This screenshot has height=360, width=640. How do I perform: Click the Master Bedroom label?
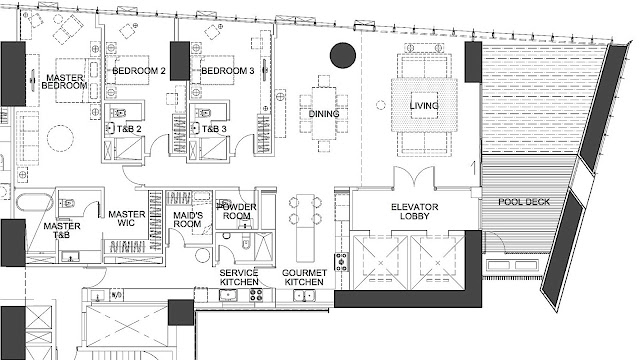[x=64, y=82]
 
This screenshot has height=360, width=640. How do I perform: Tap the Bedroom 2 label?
[x=139, y=71]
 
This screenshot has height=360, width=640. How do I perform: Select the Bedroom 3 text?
[x=228, y=71]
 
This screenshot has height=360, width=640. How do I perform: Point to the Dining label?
[x=324, y=114]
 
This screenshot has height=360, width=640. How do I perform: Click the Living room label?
[x=424, y=106]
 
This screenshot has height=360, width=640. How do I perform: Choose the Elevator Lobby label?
[x=415, y=211]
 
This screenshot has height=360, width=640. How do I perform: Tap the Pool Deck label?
[x=524, y=202]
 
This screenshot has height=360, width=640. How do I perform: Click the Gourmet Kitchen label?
[x=304, y=277]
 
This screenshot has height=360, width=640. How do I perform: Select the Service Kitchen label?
[x=239, y=277]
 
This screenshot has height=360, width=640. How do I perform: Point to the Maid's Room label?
[x=188, y=220]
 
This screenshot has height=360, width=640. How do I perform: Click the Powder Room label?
[x=237, y=211]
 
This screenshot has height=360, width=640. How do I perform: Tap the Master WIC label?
[x=127, y=218]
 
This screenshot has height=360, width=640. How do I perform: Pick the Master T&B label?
[x=62, y=231]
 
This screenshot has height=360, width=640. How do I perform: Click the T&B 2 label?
[x=129, y=129]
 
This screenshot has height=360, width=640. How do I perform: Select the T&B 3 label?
[x=214, y=129]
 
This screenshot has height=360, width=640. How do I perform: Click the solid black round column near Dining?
[x=343, y=55]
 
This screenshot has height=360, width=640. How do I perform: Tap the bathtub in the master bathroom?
[x=35, y=202]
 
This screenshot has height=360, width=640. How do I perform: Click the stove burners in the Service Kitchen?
[x=256, y=295]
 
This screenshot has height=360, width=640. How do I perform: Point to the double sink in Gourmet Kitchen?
[x=304, y=296]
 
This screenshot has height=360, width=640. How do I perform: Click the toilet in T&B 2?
[x=118, y=112]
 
